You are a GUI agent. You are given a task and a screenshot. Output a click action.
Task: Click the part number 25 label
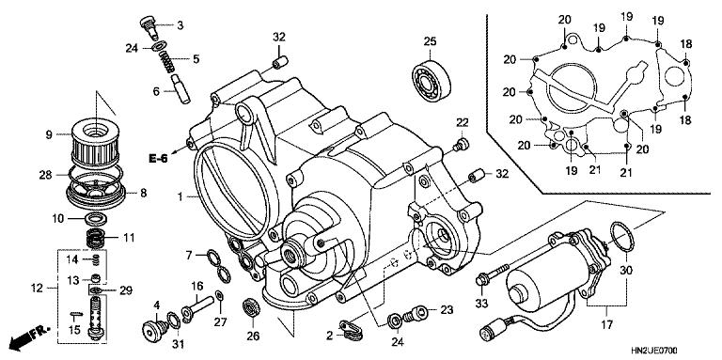(431, 40)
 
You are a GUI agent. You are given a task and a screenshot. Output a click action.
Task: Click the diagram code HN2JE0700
(681, 349)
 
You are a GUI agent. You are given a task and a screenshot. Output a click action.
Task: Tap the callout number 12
(36, 288)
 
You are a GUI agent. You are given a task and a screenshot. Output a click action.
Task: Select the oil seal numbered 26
(251, 306)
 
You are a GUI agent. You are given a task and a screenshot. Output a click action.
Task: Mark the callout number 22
(463, 123)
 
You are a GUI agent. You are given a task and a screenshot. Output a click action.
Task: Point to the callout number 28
(45, 174)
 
